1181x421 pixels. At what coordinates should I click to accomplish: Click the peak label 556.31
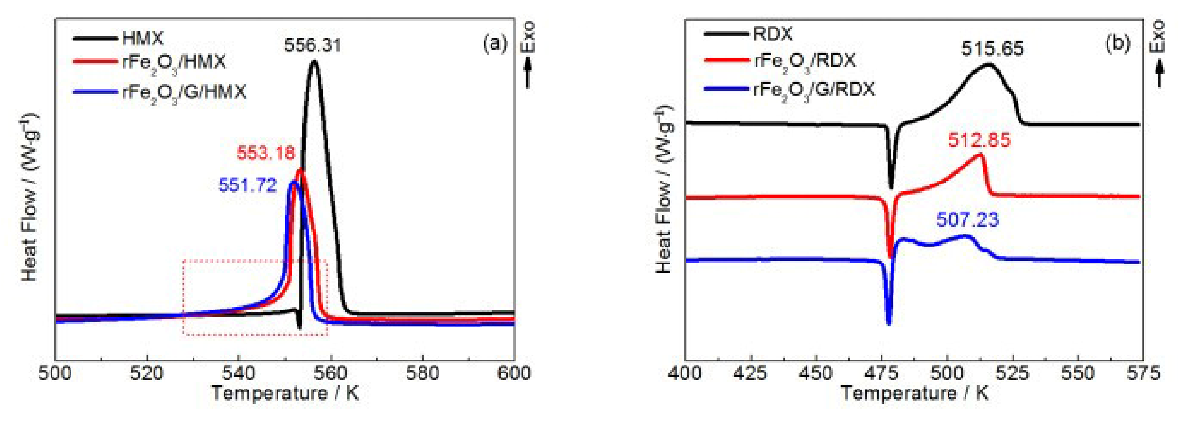click(313, 45)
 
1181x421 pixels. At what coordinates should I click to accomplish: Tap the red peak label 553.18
click(266, 153)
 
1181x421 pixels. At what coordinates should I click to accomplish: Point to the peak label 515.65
click(992, 49)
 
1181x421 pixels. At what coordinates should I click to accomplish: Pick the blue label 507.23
click(967, 220)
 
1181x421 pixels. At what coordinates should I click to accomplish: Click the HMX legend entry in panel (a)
click(142, 38)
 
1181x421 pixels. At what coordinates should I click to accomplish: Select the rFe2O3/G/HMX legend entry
click(183, 93)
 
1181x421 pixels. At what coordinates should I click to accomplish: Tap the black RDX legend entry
click(773, 34)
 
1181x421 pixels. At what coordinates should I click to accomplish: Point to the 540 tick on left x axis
click(238, 373)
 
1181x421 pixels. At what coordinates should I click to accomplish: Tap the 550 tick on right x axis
click(1078, 373)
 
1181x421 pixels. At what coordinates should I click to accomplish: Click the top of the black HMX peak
click(314, 62)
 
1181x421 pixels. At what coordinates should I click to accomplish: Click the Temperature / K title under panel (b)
click(914, 394)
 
